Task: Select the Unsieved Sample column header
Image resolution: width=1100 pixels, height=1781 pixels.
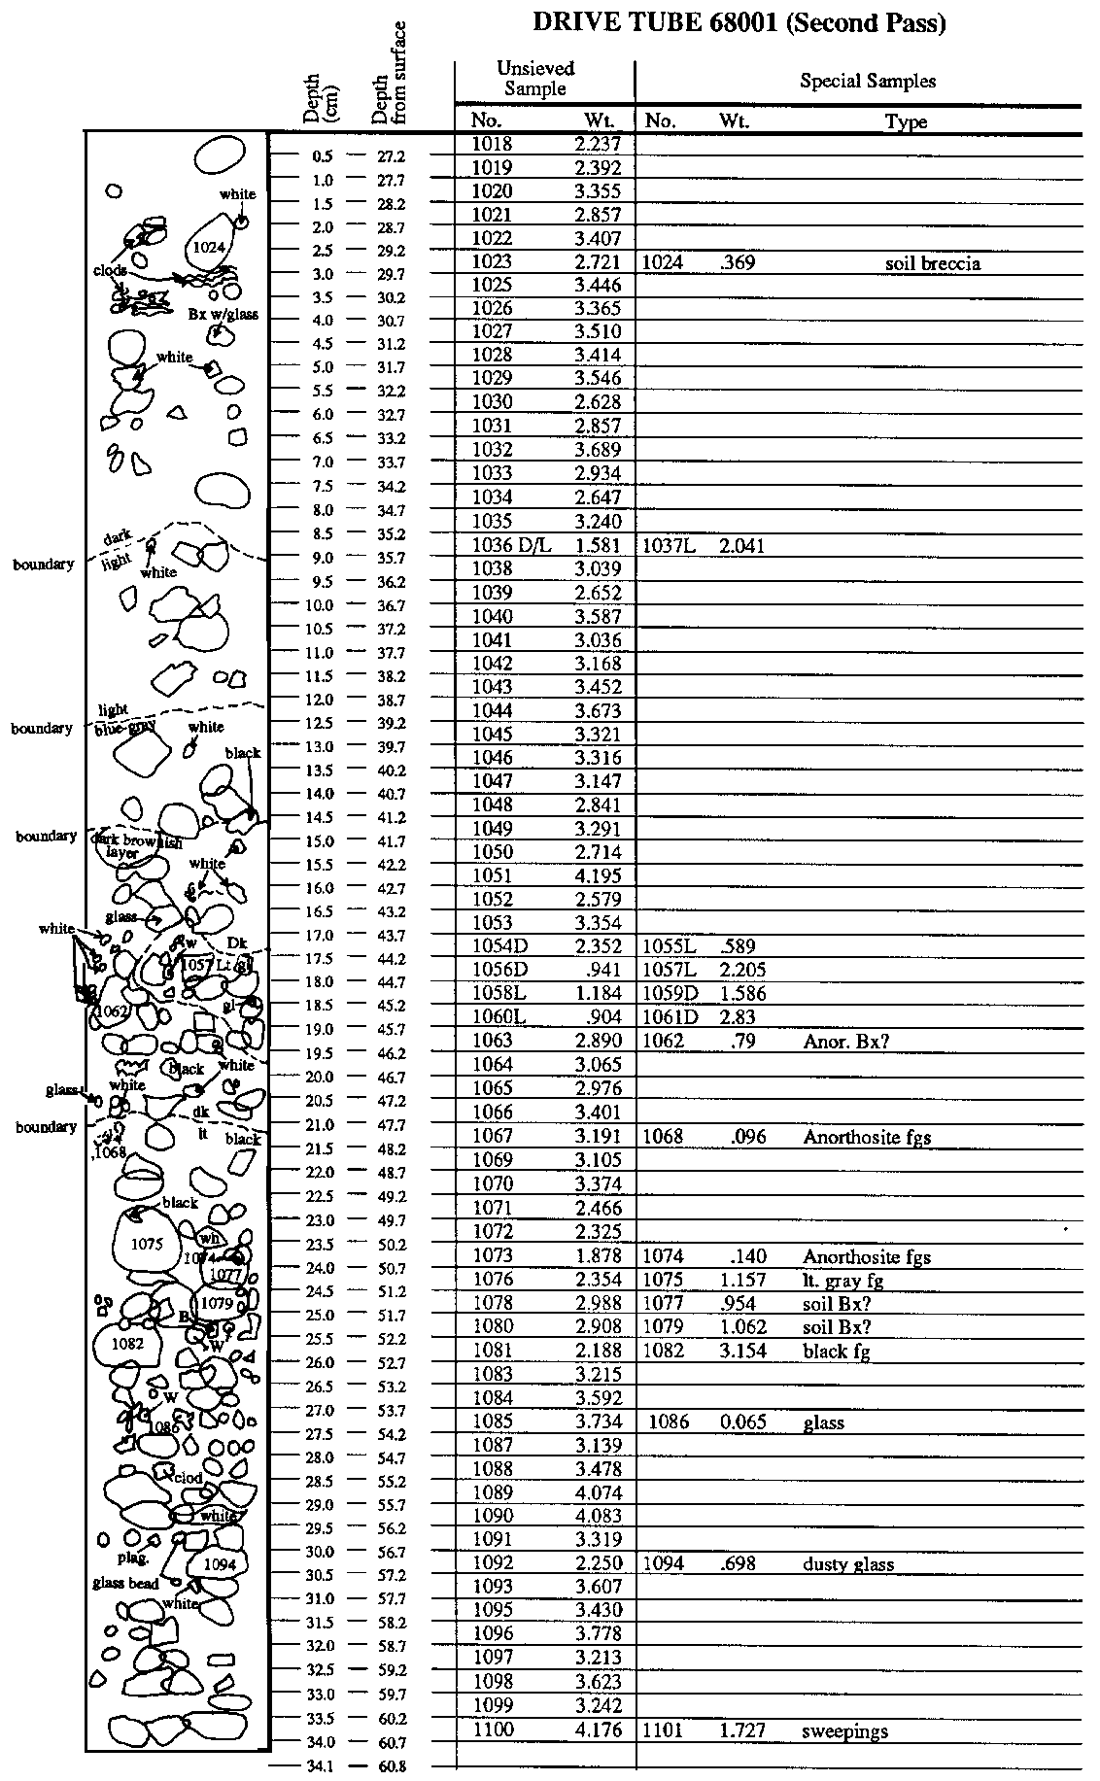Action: tap(535, 79)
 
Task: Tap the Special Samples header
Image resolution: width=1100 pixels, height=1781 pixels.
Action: tap(867, 81)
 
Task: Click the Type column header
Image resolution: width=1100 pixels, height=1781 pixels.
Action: tap(906, 121)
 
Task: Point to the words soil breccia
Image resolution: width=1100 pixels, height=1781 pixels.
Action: tap(932, 263)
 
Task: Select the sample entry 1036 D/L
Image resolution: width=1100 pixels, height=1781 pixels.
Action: tap(510, 546)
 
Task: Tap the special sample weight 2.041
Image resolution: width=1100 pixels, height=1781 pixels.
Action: tap(741, 546)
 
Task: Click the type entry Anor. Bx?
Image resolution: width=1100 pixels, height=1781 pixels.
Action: tap(846, 1042)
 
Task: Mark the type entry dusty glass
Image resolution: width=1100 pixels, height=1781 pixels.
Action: tap(848, 1564)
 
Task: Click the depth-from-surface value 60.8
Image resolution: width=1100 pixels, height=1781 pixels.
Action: tap(392, 1766)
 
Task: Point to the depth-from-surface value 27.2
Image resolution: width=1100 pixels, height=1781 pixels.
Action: tap(392, 155)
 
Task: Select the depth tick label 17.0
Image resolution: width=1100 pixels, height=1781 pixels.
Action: tap(321, 936)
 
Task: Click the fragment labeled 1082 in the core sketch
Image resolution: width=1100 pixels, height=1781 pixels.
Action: tap(127, 1344)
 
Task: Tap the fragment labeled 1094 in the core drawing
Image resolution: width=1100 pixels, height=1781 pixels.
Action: tap(220, 1564)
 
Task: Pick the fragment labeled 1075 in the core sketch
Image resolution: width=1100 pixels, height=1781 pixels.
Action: tap(147, 1244)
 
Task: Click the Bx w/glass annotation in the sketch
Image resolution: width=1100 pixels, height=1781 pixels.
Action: tap(223, 314)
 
